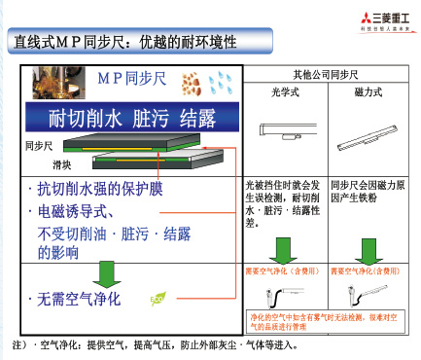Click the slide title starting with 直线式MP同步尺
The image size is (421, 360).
point(121,42)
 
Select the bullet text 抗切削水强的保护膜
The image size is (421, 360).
point(102,188)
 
